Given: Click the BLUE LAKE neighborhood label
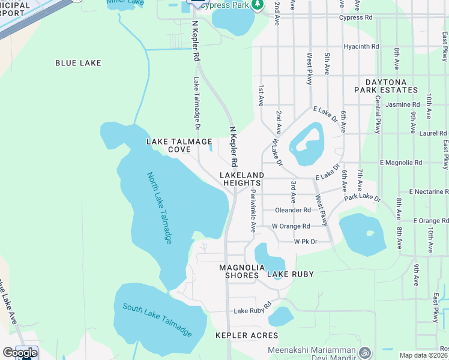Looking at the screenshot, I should [x=78, y=63].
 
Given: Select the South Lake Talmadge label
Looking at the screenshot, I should [x=158, y=320].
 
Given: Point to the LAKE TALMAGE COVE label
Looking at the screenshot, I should [x=179, y=145].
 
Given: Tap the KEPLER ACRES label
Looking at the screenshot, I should [x=247, y=335].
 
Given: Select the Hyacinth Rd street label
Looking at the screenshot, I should [x=361, y=46].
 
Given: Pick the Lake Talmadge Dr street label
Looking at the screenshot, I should [x=196, y=103].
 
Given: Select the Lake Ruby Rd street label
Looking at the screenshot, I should [x=253, y=311].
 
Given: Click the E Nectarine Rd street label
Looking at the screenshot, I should [x=429, y=191].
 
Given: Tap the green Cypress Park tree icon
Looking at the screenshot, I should [x=258, y=5].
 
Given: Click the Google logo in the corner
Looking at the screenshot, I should [x=20, y=352].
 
